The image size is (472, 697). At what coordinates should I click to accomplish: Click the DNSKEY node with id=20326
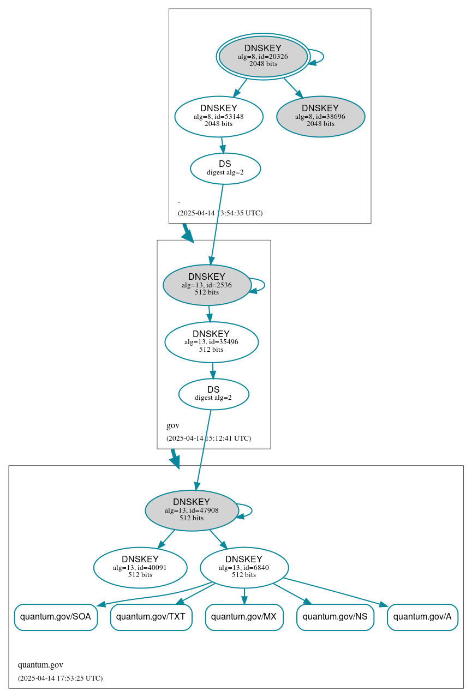coord(263,56)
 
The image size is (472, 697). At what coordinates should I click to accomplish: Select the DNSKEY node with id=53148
coord(219,116)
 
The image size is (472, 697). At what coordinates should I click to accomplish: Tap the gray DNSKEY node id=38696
coord(320,116)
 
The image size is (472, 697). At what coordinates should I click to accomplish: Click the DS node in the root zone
coord(225,169)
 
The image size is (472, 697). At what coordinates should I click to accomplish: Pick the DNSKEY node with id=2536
coord(207,285)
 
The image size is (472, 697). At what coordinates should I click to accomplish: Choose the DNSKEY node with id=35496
coord(211,342)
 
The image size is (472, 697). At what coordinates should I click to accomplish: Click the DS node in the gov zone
coord(213,394)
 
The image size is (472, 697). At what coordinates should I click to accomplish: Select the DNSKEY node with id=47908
coord(192,510)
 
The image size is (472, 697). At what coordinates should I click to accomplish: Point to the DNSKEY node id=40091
coord(140,567)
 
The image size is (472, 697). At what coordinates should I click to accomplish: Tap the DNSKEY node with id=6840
coord(244,567)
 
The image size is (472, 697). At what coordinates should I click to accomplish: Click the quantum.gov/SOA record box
coord(56,617)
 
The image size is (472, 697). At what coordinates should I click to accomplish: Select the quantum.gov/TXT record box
coord(151,617)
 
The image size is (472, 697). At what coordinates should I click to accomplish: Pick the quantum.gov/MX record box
coord(244,617)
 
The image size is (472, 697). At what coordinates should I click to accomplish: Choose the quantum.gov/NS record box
coord(335,617)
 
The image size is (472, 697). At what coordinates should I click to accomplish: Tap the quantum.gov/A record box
coord(422,617)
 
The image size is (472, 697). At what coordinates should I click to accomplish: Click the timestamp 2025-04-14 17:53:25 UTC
coord(60,678)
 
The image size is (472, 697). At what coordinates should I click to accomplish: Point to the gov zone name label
coord(173,425)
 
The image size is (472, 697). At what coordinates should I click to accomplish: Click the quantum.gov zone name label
coord(40,665)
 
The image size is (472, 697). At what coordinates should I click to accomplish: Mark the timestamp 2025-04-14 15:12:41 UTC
coord(208,438)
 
